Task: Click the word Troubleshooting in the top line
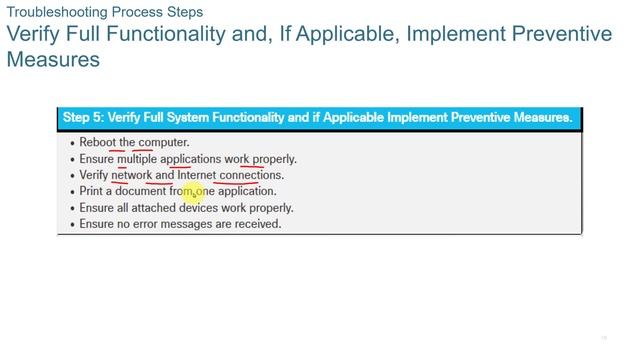(51, 12)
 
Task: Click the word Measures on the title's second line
(53, 60)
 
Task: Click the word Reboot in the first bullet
(98, 142)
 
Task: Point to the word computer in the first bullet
(163, 142)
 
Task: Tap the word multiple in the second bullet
(137, 158)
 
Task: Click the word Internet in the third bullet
(196, 175)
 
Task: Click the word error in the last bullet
(149, 224)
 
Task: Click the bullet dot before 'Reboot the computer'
(72, 143)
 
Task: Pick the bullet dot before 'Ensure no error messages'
(72, 225)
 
